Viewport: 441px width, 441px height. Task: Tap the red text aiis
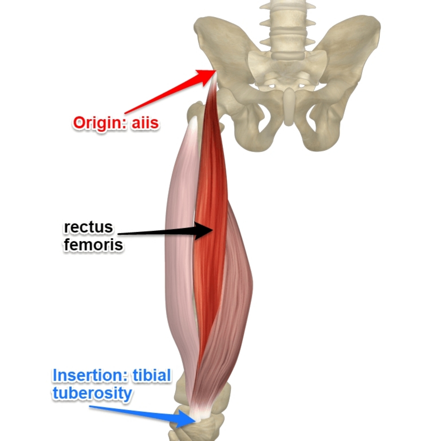[x=145, y=123]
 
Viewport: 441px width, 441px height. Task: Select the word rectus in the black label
[x=88, y=227]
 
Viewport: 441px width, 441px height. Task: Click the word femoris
[x=93, y=245]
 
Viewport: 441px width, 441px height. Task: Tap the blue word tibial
[x=151, y=376]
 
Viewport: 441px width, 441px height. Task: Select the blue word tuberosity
[x=92, y=394]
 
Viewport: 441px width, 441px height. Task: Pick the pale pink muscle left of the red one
[x=180, y=231]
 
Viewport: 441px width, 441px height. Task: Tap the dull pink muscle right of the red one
[x=236, y=281]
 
